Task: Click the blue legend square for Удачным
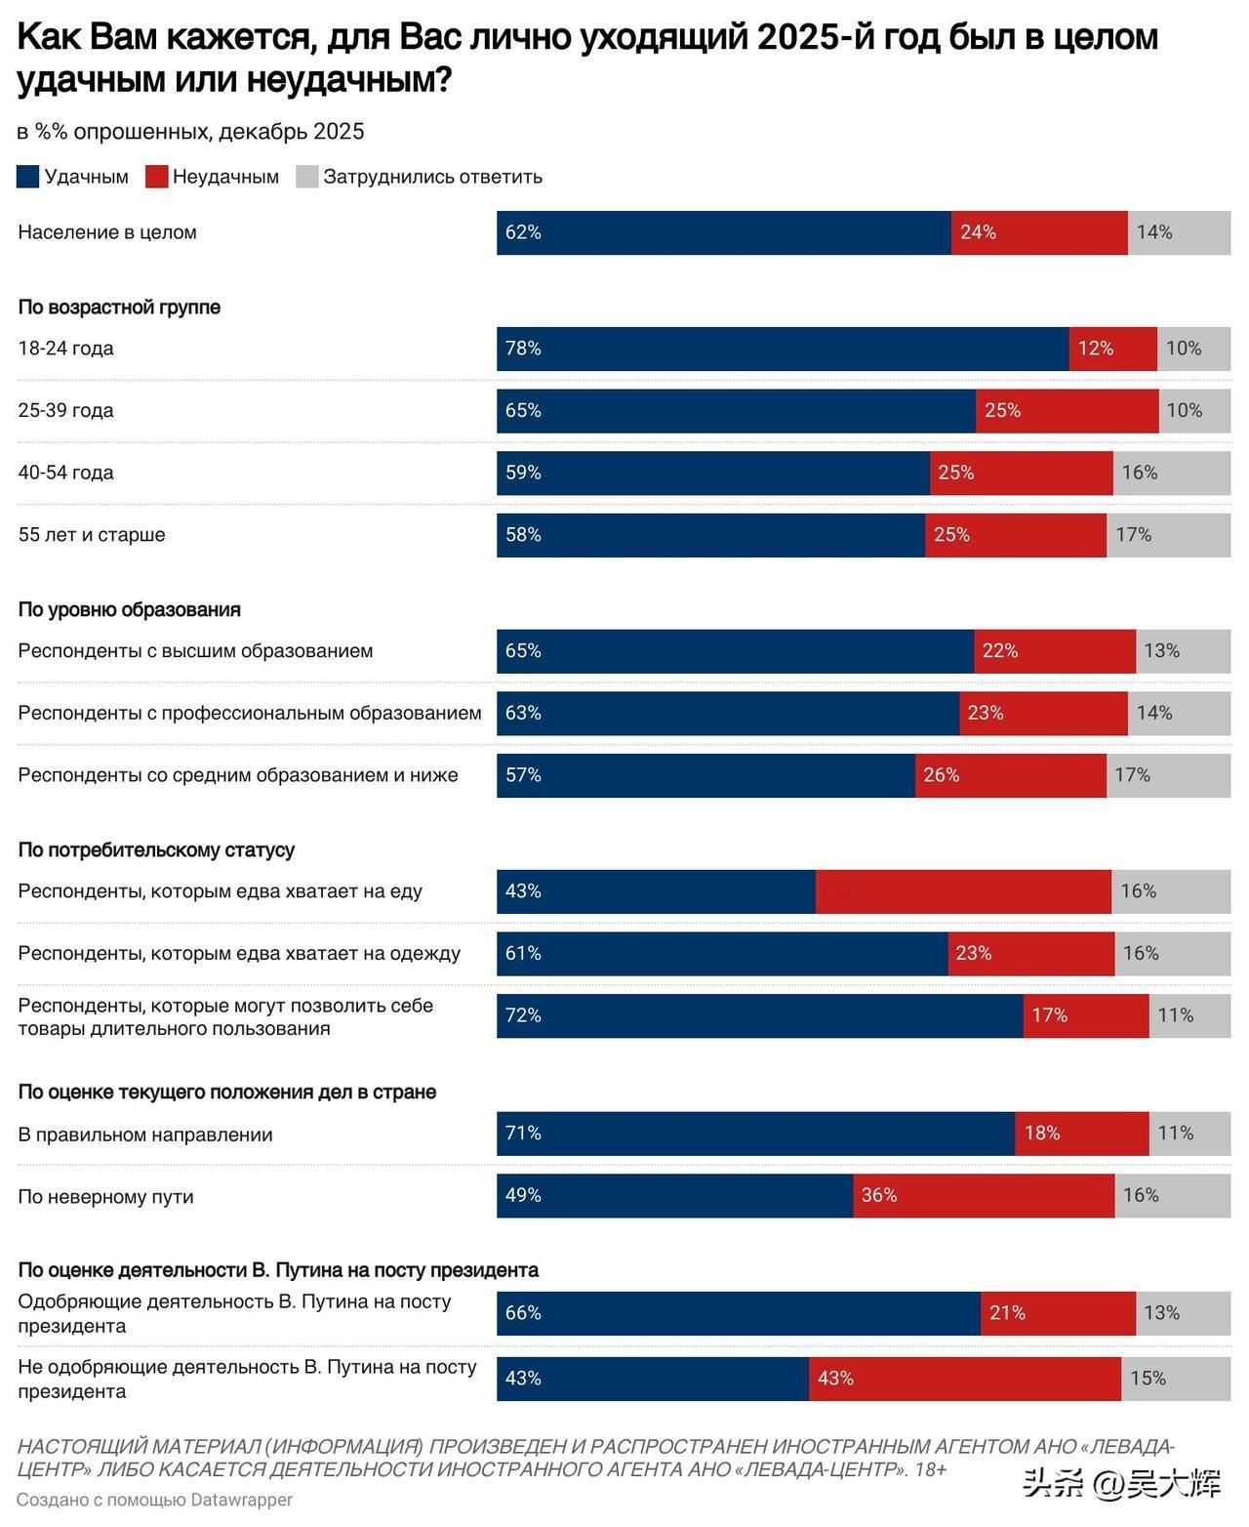[28, 177]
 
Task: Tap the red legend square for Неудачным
[156, 177]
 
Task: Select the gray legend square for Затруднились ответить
[307, 177]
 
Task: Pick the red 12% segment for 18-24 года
[1112, 349]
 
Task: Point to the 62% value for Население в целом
[523, 232]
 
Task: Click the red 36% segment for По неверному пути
[984, 1195]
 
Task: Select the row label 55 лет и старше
[92, 535]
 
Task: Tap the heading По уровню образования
[129, 609]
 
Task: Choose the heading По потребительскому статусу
[156, 849]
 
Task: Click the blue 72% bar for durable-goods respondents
[759, 1015]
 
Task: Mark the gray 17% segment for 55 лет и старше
[1168, 535]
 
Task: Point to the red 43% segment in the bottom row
[964, 1378]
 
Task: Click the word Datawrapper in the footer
[241, 1499]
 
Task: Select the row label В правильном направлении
[145, 1135]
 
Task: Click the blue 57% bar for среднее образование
[705, 775]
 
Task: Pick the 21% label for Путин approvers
[1007, 1313]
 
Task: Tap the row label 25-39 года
[65, 411]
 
